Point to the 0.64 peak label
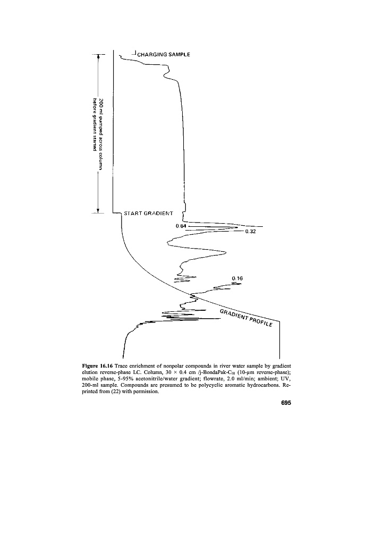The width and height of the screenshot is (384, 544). click(x=182, y=226)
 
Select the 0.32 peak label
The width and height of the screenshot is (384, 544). click(x=250, y=232)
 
